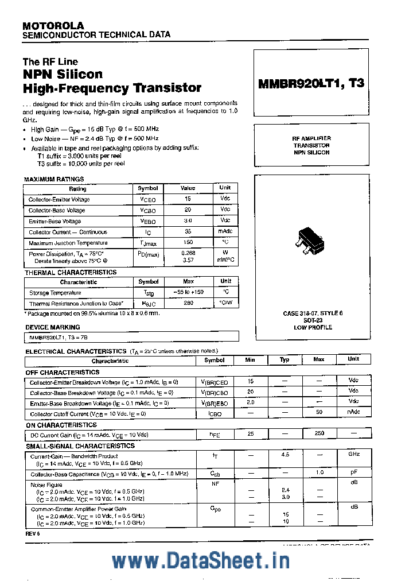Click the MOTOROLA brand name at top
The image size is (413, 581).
pos(53,25)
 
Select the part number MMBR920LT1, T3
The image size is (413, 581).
pos(311,83)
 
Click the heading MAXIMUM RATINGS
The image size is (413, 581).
pos(54,179)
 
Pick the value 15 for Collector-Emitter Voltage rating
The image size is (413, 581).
pos(188,199)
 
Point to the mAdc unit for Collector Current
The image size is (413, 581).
pos(225,231)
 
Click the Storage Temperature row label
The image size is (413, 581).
pos(55,293)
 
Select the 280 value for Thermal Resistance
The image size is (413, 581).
pos(188,303)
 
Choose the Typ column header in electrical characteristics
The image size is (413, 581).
pos(285,359)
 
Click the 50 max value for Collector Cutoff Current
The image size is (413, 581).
pos(319,413)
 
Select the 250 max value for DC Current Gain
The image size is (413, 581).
pos(319,434)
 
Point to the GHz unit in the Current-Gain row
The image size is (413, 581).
pos(353,454)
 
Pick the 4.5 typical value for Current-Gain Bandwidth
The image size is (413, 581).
pos(285,454)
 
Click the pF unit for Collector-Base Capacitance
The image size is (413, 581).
pos(353,473)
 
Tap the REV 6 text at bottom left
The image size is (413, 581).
pos(33,533)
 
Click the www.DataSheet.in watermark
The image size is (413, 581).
pos(200,560)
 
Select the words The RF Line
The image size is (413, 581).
pos(50,61)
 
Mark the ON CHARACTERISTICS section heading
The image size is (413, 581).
pos(61,425)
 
